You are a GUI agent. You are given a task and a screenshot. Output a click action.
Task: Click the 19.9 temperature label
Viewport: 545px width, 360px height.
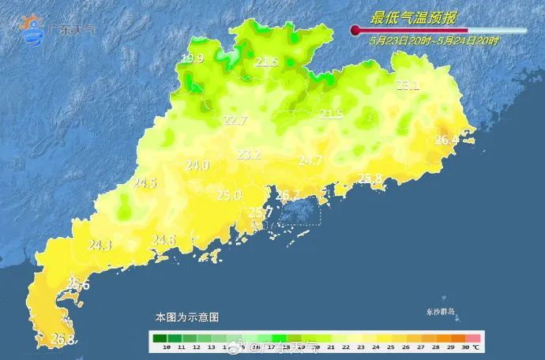[x=192, y=59]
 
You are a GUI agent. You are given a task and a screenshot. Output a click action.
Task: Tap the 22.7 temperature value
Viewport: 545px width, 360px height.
[x=235, y=121]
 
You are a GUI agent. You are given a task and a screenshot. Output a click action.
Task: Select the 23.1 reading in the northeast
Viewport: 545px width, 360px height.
[x=407, y=85]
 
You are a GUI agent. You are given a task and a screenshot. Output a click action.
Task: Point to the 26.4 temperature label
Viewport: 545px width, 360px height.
[x=446, y=141]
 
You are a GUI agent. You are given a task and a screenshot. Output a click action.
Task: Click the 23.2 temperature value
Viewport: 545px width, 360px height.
[x=249, y=155]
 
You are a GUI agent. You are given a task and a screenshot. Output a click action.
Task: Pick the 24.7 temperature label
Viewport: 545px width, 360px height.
[x=310, y=161]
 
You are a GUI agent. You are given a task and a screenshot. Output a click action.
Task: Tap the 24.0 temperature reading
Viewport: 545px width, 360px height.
[x=197, y=166]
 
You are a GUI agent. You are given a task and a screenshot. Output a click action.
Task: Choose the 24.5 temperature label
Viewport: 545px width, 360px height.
[x=145, y=183]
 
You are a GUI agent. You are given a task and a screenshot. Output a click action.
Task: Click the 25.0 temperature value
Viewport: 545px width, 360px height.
[x=229, y=196]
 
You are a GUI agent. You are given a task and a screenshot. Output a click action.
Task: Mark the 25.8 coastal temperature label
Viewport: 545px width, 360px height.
[x=370, y=178]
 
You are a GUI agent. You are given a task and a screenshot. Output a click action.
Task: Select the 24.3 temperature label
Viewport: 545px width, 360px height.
[x=100, y=246]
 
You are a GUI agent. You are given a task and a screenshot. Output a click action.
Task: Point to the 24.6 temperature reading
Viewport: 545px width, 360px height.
[x=163, y=240]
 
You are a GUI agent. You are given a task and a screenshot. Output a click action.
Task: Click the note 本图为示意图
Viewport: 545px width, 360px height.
[x=186, y=317]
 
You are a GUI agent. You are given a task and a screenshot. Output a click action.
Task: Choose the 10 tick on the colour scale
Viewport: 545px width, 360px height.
[x=166, y=347]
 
